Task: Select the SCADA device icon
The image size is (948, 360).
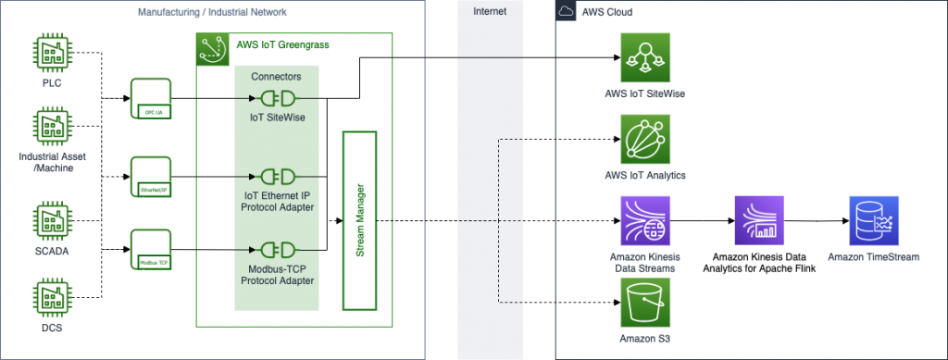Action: pyautogui.click(x=51, y=221)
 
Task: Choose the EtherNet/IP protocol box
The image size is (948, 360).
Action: pyautogui.click(x=153, y=176)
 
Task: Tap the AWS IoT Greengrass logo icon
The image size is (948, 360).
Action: pyautogui.click(x=213, y=49)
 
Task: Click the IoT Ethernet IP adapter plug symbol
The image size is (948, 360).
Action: pyautogui.click(x=277, y=176)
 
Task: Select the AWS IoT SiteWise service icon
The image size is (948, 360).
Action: pyautogui.click(x=644, y=57)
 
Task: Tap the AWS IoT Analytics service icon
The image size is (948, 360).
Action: pyautogui.click(x=644, y=140)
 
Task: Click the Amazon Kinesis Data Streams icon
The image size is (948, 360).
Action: pyautogui.click(x=644, y=220)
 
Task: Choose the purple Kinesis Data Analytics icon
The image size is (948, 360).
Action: pyautogui.click(x=758, y=220)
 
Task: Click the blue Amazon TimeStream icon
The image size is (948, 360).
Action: pyautogui.click(x=875, y=220)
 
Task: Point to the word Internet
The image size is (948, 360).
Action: pyautogui.click(x=489, y=12)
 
